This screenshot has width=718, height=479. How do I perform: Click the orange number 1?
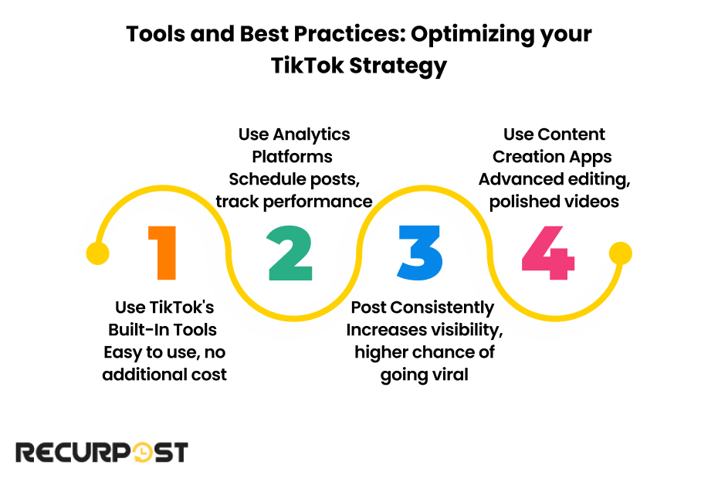[x=164, y=253]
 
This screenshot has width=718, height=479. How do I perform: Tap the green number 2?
[x=290, y=253]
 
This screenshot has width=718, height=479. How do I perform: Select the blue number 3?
[x=420, y=253]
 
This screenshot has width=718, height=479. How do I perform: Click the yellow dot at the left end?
[x=97, y=253]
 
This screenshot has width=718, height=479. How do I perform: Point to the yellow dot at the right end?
[x=621, y=253]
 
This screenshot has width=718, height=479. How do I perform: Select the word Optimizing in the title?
[x=472, y=35]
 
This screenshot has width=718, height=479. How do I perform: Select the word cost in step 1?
[x=210, y=375]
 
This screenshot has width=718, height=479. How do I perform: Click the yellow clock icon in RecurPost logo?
[x=141, y=453]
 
